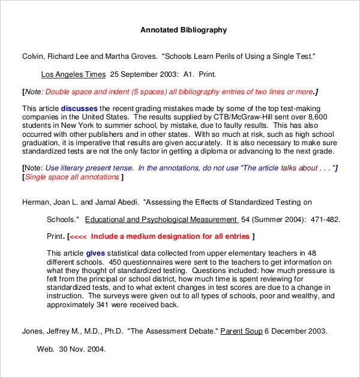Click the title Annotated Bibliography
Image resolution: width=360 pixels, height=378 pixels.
183,29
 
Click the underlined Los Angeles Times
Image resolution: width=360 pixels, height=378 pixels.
73,75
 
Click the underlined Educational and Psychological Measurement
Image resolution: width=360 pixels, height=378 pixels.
161,220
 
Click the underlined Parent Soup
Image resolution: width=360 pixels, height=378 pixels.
242,331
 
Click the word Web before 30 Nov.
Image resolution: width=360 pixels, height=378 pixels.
46,348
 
